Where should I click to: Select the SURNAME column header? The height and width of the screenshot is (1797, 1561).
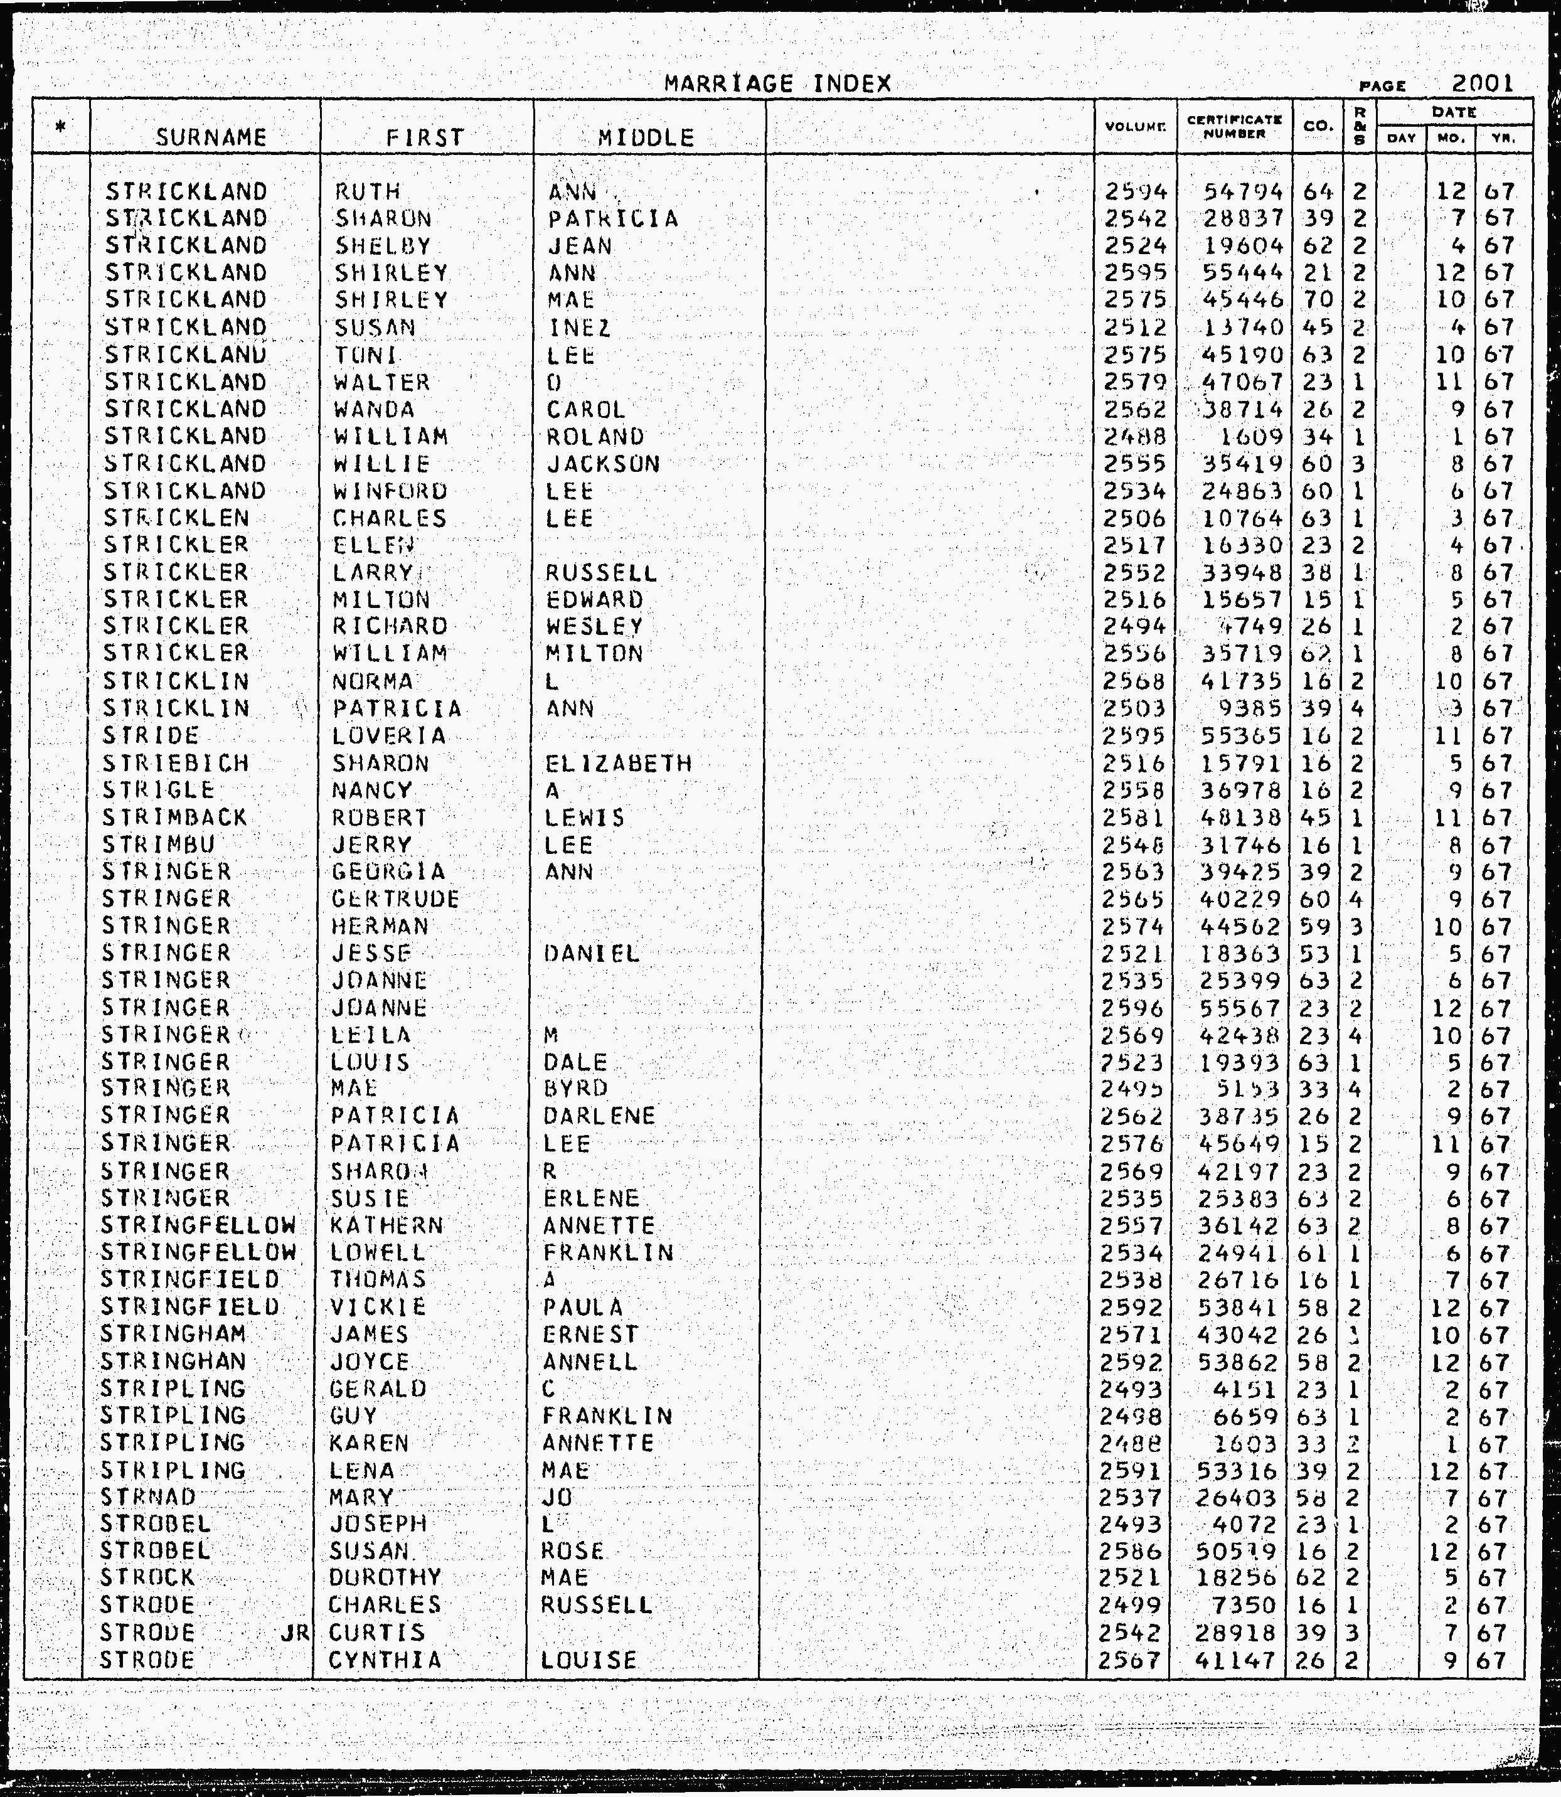(x=211, y=137)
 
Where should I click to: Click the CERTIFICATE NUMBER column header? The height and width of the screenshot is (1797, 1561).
(x=1233, y=127)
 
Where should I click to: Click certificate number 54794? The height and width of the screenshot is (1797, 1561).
(x=1242, y=191)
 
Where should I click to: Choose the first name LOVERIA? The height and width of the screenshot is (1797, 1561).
(x=388, y=736)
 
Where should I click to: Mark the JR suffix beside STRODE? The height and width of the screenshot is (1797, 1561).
(x=296, y=1633)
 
